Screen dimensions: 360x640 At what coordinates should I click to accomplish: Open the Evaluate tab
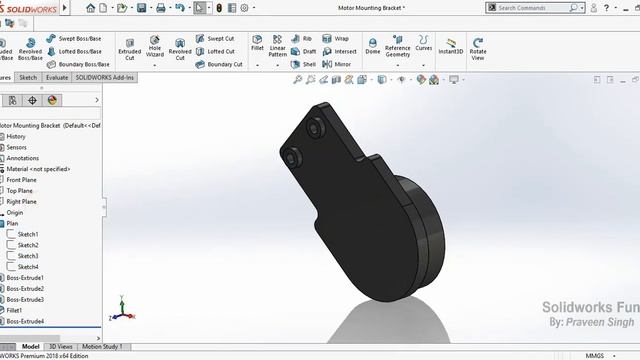[57, 77]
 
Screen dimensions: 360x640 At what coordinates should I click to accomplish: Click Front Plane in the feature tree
[22, 180]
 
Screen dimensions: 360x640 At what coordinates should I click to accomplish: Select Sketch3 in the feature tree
[28, 256]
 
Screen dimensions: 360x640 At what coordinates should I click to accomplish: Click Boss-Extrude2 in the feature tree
[25, 288]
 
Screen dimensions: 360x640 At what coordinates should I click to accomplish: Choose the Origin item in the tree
[15, 212]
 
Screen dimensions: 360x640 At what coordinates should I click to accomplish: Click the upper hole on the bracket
[316, 131]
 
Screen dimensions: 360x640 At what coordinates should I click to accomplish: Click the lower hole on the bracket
[294, 157]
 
